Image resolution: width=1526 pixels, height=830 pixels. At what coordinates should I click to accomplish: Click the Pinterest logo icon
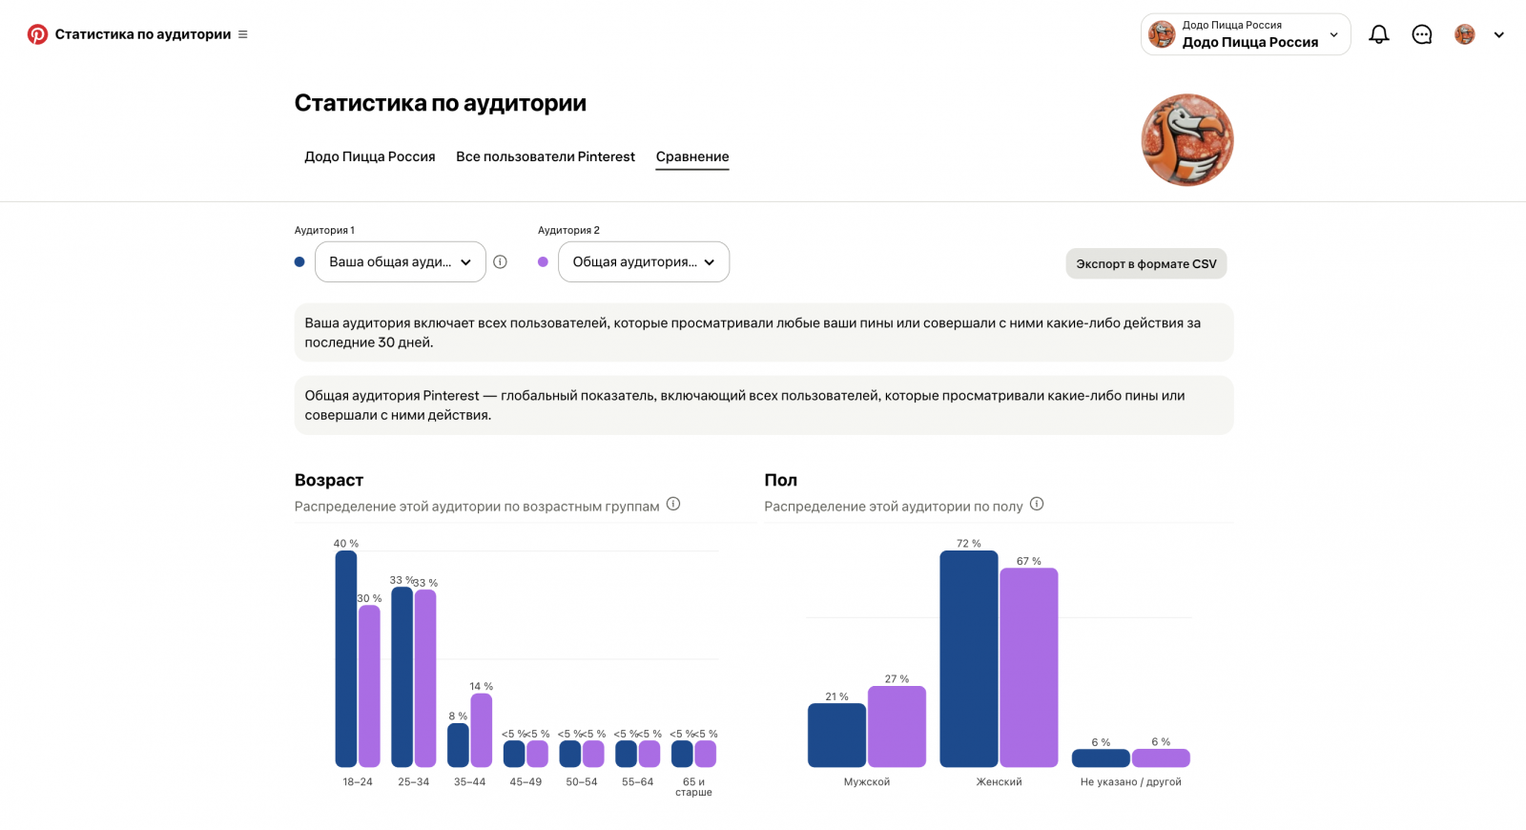pos(37,34)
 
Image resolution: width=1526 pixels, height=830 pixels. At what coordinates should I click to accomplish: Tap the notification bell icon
pos(1379,34)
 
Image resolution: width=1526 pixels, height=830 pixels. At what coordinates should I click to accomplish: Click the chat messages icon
pos(1422,34)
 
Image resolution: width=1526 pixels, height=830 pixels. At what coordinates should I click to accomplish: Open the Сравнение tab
pos(692,156)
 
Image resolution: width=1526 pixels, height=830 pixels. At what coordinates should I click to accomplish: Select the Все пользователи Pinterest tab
pos(545,156)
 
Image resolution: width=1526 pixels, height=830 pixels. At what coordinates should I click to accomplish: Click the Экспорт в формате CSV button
pos(1145,263)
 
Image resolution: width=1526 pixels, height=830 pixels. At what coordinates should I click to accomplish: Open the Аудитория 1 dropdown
pos(400,261)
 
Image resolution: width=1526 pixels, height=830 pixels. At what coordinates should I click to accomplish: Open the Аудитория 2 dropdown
pos(643,261)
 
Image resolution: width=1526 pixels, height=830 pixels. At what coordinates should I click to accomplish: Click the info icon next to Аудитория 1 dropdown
pos(500,261)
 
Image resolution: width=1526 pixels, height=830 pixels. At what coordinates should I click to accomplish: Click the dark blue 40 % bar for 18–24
pos(346,658)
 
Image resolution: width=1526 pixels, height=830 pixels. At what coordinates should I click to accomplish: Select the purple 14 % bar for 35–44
pos(481,730)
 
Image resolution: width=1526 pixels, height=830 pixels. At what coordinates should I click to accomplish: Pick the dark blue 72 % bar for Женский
pos(969,658)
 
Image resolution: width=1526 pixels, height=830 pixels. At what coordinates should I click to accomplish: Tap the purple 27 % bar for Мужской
pos(897,726)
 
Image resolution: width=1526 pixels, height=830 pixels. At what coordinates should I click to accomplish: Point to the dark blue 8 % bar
pos(458,745)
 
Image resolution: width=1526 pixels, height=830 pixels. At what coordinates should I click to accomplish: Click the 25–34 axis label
pos(414,781)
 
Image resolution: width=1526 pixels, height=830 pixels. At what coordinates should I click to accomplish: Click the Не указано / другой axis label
pos(1131,781)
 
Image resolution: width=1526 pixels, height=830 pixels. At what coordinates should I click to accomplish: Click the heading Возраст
pos(329,480)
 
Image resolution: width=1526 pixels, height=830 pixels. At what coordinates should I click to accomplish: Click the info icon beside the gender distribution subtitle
pos(1036,505)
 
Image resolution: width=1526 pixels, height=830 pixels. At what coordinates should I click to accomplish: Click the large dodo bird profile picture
pos(1187,139)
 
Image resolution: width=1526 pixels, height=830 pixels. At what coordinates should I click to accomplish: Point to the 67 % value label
pos(1029,561)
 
